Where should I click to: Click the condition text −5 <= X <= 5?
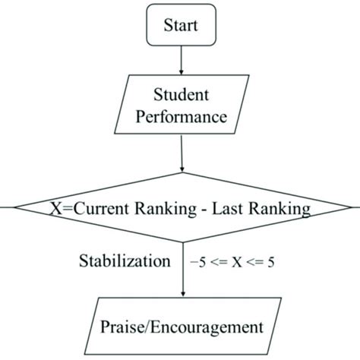232,262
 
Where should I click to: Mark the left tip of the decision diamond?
3,207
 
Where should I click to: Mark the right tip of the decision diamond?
357,207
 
